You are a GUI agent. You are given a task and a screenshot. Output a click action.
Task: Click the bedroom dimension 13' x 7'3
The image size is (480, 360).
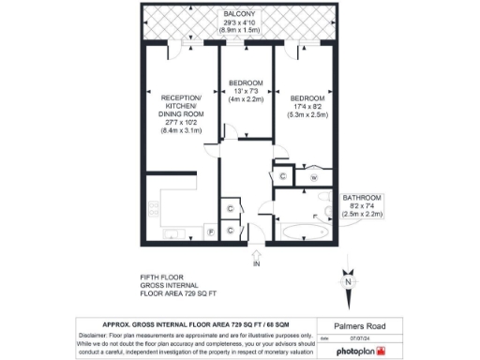click(x=245, y=91)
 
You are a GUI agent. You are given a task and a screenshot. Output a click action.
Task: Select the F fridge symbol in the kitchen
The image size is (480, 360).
click(x=210, y=231)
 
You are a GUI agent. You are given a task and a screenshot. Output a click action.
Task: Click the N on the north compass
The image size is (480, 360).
click(x=348, y=281)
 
